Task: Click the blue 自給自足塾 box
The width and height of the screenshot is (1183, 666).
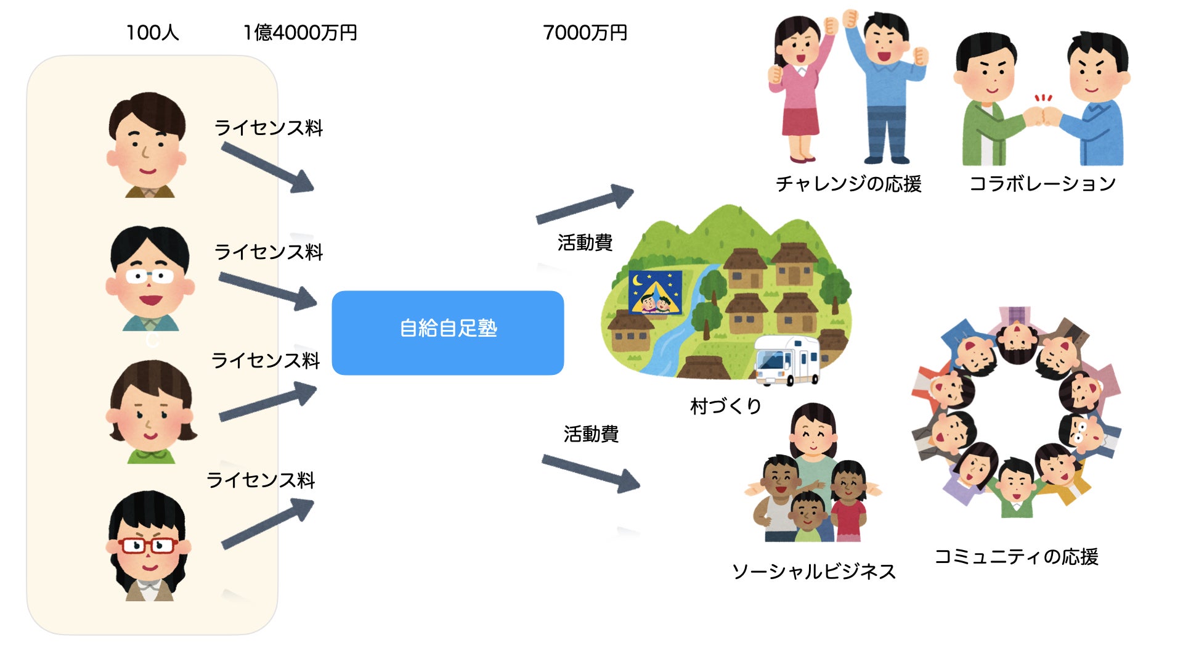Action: [448, 332]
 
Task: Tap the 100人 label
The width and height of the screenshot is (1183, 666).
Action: [152, 33]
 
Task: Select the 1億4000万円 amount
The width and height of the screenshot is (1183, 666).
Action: [300, 33]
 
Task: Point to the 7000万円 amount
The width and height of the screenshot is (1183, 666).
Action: [585, 33]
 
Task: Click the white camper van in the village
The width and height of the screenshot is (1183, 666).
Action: [787, 360]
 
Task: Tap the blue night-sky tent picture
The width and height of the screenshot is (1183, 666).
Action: [655, 292]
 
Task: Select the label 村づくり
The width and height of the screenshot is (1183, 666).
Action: [726, 406]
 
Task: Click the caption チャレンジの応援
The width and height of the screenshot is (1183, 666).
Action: [848, 184]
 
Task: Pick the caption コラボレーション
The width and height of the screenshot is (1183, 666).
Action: [1043, 184]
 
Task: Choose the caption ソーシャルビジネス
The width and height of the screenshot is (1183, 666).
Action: [813, 572]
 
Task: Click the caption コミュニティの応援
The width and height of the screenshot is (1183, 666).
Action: [1017, 557]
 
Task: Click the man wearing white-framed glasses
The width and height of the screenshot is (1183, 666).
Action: [150, 281]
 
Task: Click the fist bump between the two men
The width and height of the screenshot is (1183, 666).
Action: [1042, 115]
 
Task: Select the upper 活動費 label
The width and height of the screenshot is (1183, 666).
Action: [585, 243]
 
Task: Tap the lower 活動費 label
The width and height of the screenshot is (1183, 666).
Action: [591, 434]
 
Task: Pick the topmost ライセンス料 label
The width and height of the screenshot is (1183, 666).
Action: [269, 128]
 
